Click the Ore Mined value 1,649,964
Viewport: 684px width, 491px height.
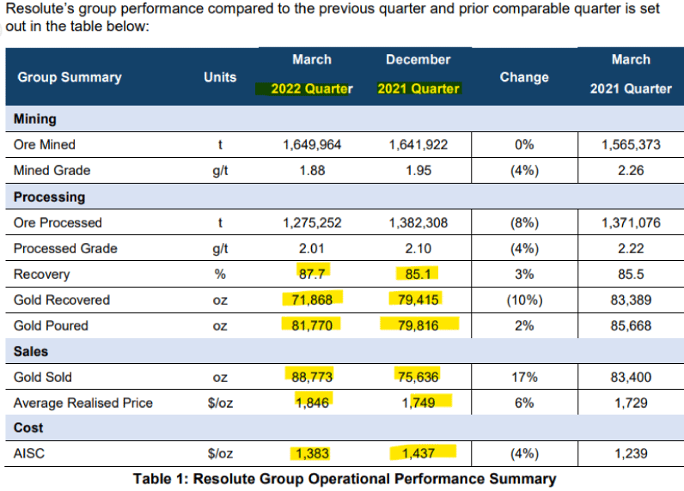coord(312,144)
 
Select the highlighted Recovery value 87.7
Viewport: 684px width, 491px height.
coord(312,275)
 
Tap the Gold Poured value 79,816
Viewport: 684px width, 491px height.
coord(418,326)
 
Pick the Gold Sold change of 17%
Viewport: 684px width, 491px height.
coord(524,377)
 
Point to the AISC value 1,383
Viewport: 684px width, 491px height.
coord(312,454)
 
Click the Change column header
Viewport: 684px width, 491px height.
coord(524,77)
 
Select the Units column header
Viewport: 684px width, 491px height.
coord(220,77)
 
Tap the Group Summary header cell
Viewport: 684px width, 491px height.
coord(70,77)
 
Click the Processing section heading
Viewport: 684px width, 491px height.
coord(50,197)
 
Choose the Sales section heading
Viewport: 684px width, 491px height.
coord(31,351)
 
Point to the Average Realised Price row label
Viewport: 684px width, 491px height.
coord(83,403)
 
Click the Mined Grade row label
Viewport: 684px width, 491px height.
coord(52,170)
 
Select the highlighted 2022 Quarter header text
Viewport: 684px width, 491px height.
coord(312,89)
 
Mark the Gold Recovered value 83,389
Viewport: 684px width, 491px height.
coord(631,300)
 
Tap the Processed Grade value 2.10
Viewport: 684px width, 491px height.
coord(418,249)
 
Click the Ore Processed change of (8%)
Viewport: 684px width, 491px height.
coord(524,223)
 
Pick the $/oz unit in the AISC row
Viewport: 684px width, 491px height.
coord(220,454)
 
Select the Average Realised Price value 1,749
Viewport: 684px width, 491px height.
coord(418,403)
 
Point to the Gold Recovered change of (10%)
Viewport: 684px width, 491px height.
coord(524,300)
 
